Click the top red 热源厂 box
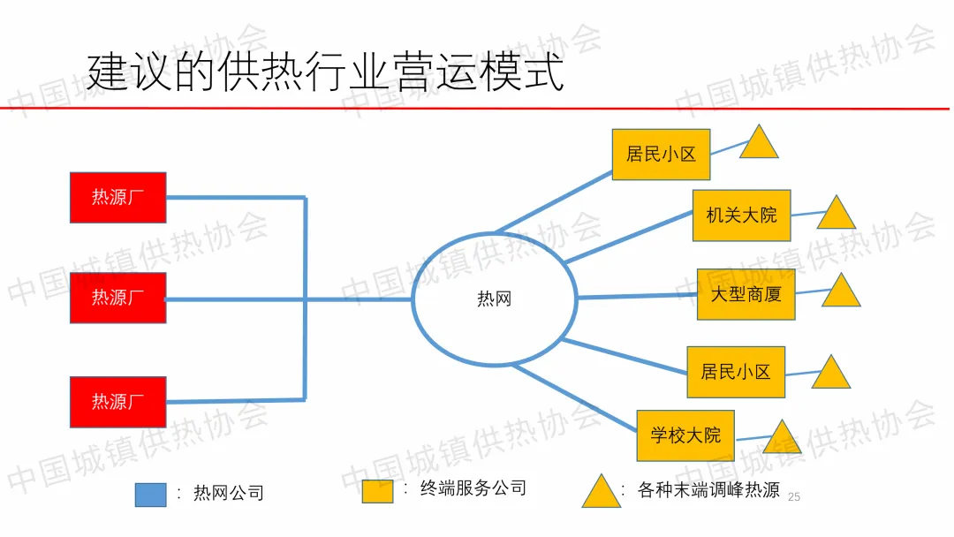[x=117, y=197]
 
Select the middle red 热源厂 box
[x=117, y=298]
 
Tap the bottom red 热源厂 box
[x=117, y=401]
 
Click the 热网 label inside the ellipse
[x=494, y=299]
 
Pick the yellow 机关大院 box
[x=741, y=215]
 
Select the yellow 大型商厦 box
[x=746, y=294]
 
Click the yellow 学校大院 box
[x=685, y=435]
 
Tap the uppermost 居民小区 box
[x=661, y=154]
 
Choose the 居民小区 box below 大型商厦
[x=736, y=372]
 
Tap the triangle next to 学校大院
[x=781, y=439]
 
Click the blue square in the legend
[x=150, y=495]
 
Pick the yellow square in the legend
[x=377, y=491]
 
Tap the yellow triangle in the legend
[x=601, y=494]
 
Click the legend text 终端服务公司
[x=473, y=488]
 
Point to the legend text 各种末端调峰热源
[x=708, y=490]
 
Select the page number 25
[x=792, y=497]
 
